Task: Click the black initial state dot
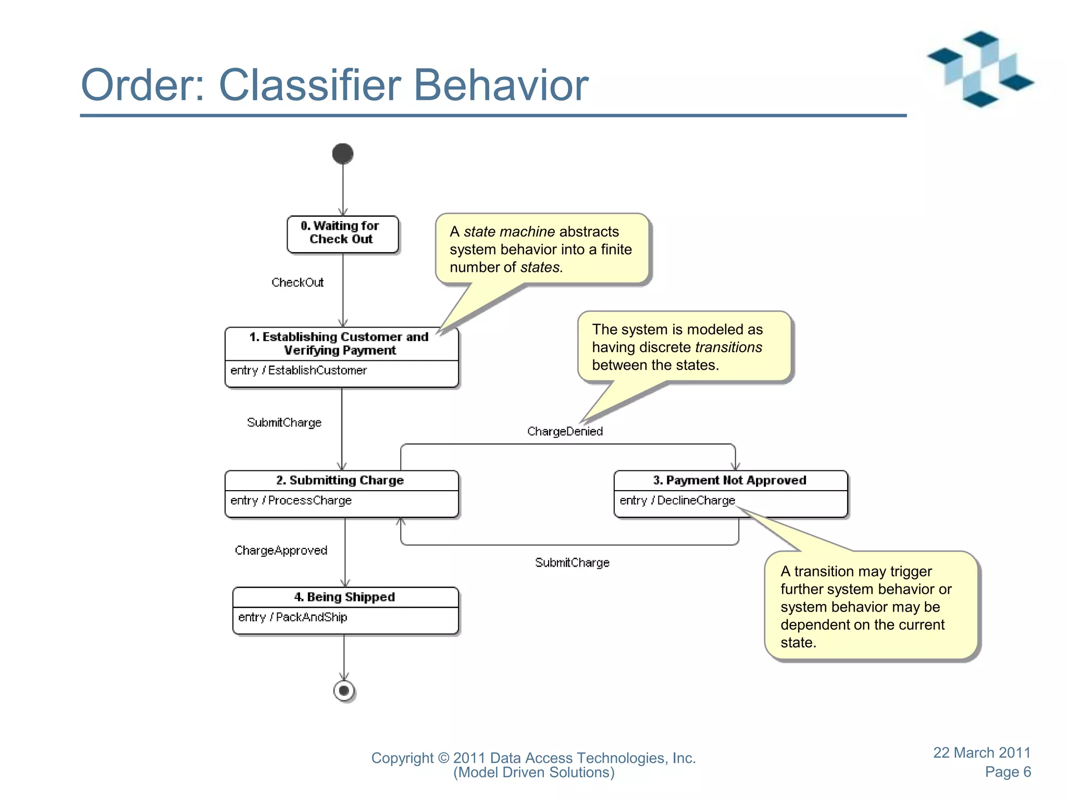(x=343, y=154)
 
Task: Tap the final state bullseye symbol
(x=344, y=691)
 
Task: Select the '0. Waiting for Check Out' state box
(x=342, y=234)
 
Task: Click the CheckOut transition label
(x=297, y=282)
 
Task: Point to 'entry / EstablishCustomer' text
(x=299, y=370)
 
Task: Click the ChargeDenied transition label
(x=565, y=431)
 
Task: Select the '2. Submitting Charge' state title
(x=340, y=480)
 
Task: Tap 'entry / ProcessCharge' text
(x=291, y=501)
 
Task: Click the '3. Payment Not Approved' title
(x=729, y=480)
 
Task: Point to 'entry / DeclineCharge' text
(x=677, y=501)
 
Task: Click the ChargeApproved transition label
(x=281, y=551)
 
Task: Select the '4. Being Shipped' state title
(x=344, y=597)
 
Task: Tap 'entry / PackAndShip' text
(x=293, y=617)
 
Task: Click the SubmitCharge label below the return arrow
(x=572, y=562)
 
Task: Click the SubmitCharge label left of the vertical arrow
(x=284, y=422)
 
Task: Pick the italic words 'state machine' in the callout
(x=509, y=231)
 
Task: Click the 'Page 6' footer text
(x=1008, y=772)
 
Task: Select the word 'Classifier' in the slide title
(x=310, y=85)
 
